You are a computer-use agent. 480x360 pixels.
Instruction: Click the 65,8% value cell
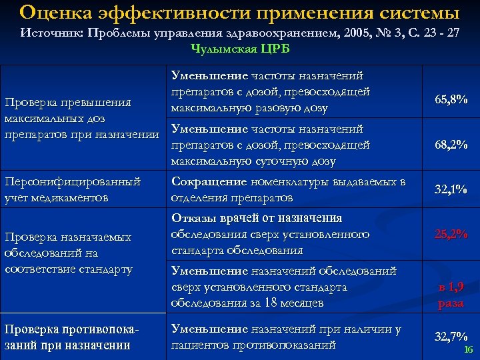(451, 100)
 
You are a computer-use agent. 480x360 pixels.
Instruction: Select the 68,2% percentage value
(451, 145)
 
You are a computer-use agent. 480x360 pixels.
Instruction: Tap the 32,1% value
(451, 190)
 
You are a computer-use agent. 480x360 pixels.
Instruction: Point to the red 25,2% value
(451, 234)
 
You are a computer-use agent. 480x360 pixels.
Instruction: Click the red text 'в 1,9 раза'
(451, 295)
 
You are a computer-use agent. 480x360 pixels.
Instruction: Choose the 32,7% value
(451, 337)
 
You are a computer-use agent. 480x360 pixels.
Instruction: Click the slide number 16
(468, 350)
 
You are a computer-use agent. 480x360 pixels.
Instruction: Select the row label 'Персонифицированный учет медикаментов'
(72, 189)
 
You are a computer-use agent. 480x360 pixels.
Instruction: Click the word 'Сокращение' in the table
(208, 181)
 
